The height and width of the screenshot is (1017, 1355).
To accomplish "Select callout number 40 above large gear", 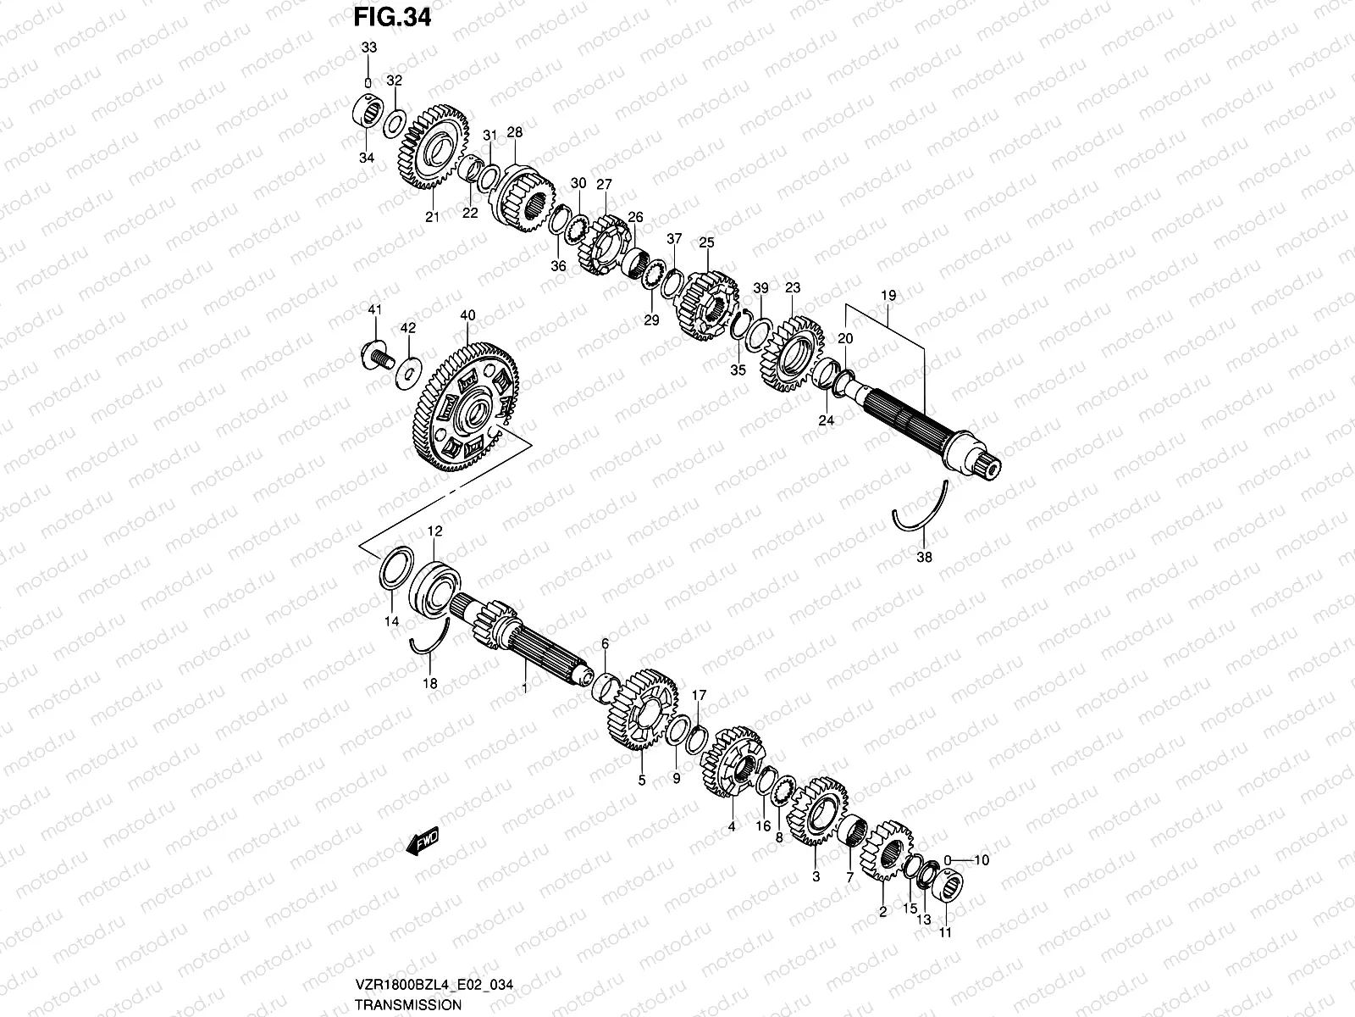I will click(467, 314).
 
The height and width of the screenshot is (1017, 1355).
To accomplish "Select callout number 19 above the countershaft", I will click(888, 296).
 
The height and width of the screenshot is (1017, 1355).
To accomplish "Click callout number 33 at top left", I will click(368, 48).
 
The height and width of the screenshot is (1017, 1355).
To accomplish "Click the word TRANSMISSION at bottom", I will click(407, 1004).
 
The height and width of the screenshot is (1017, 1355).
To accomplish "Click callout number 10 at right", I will click(982, 859).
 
